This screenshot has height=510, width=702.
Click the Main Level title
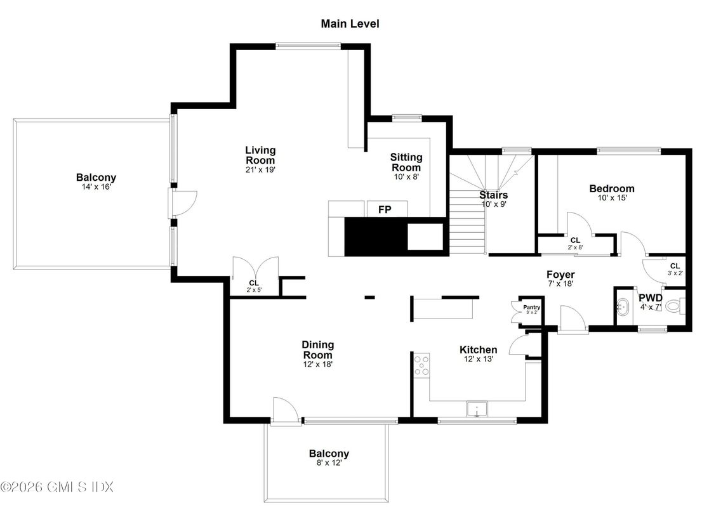[350, 24]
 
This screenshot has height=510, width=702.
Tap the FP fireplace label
[385, 209]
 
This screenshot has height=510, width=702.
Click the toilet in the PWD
[675, 306]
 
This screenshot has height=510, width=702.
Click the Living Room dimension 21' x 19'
[260, 169]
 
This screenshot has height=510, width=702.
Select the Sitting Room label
[406, 162]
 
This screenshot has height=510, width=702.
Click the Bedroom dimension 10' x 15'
[611, 198]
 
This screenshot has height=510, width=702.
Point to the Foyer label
[560, 275]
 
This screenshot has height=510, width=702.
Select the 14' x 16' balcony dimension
[96, 187]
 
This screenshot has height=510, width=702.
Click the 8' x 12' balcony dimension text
[329, 463]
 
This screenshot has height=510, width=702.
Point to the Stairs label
[493, 195]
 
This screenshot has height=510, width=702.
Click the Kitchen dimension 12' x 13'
[478, 359]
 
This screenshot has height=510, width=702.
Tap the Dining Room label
[317, 350]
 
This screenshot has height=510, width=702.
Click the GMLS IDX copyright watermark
[56, 487]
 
